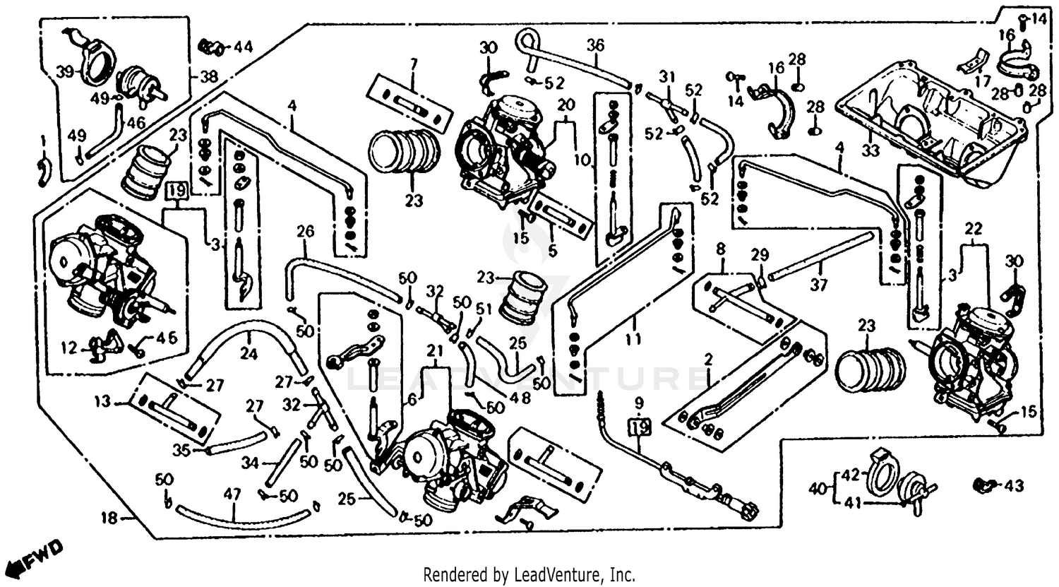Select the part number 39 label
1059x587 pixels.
[65, 71]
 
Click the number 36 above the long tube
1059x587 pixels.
[595, 45]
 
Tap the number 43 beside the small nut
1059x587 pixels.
[1014, 486]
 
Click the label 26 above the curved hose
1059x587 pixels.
[304, 231]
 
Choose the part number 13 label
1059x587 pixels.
[103, 402]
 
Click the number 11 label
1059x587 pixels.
[633, 340]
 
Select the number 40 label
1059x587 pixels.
[817, 488]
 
